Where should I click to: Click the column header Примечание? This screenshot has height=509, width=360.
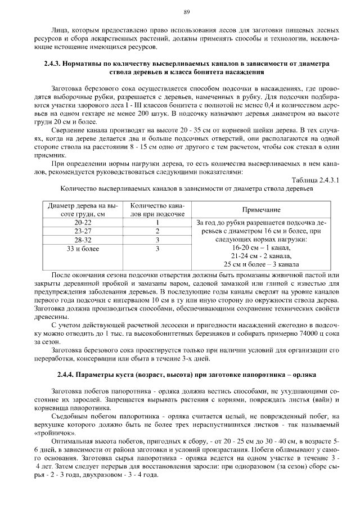pyautogui.click(x=262, y=210)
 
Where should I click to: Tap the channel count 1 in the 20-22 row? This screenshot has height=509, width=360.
pyautogui.click(x=158, y=223)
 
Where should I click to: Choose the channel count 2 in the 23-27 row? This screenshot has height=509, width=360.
pyautogui.click(x=158, y=231)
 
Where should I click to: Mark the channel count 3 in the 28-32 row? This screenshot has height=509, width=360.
pyautogui.click(x=158, y=240)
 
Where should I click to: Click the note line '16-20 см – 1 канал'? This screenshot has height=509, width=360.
pyautogui.click(x=262, y=247)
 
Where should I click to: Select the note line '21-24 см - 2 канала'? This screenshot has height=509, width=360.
pyautogui.click(x=262, y=256)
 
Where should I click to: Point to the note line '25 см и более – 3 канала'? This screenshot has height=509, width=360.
pyautogui.click(x=262, y=264)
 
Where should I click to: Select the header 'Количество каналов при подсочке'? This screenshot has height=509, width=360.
pyautogui.click(x=158, y=210)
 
